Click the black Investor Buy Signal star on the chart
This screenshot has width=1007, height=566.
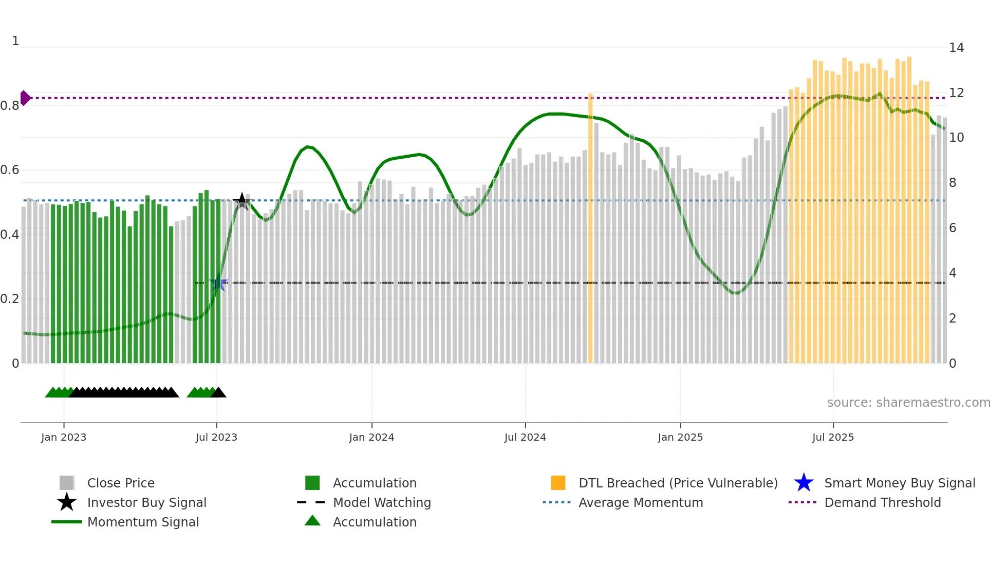pos(242,201)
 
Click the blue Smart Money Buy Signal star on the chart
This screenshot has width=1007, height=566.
pos(218,283)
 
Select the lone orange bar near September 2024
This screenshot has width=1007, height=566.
pos(590,229)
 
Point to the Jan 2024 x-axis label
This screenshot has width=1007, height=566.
pos(371,437)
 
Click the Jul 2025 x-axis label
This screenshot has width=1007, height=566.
pos(833,437)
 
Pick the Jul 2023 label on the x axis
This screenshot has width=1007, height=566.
pos(216,437)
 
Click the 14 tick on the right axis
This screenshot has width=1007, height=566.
pos(956,48)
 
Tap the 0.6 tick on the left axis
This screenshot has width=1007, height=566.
pos(10,170)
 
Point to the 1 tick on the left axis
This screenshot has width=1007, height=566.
pos(15,41)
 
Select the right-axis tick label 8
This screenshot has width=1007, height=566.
pos(953,183)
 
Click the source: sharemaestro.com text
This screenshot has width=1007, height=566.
pos(908,402)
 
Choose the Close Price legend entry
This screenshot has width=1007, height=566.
pos(121,483)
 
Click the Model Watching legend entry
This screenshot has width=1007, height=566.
pos(382,502)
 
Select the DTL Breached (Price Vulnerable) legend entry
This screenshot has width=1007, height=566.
pos(678,483)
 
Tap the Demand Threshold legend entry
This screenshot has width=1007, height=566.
pos(882,502)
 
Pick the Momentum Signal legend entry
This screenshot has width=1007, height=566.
pos(143,522)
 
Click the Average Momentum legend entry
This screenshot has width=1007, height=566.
pos(640,502)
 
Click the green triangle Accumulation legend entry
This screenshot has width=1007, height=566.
pos(375,522)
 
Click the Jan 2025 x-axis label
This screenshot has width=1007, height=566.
pos(680,437)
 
